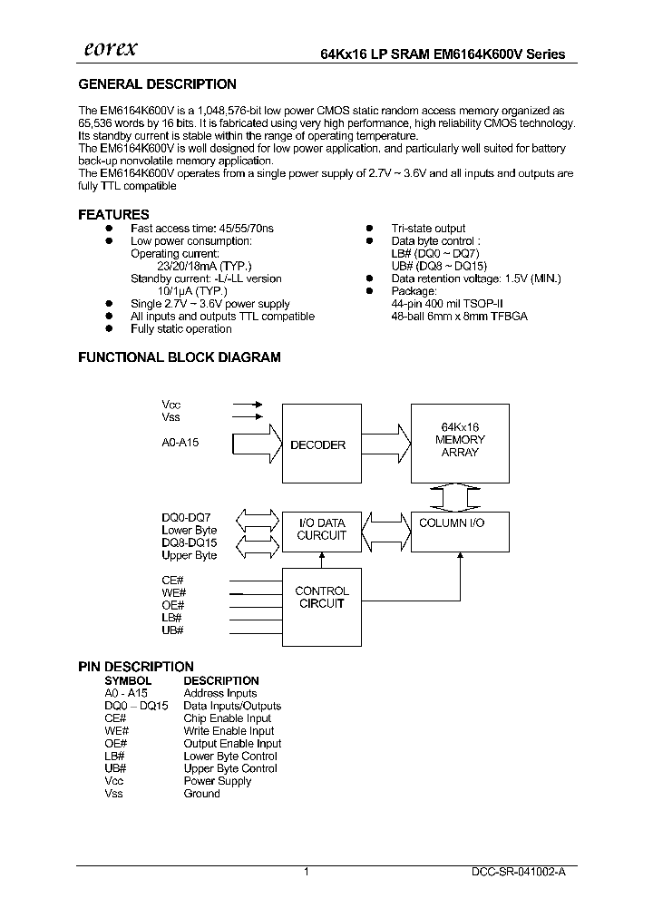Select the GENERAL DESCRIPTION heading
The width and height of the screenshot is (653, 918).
pyautogui.click(x=157, y=84)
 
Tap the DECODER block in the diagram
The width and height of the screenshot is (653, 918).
pyautogui.click(x=317, y=444)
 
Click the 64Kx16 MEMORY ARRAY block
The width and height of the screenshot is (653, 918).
pyautogui.click(x=460, y=440)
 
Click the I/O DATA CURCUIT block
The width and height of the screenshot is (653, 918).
pyautogui.click(x=321, y=530)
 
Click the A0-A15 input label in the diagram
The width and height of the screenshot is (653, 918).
pyautogui.click(x=181, y=442)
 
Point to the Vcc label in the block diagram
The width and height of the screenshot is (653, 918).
pyautogui.click(x=171, y=405)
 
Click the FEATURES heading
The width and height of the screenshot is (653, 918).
pyautogui.click(x=113, y=215)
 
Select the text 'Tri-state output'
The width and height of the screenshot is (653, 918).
pyautogui.click(x=428, y=229)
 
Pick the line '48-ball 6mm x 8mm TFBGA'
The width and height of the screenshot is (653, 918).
pyautogui.click(x=459, y=317)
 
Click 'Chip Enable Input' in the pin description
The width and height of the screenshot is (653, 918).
pyautogui.click(x=227, y=718)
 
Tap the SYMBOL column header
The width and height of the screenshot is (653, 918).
pyautogui.click(x=128, y=680)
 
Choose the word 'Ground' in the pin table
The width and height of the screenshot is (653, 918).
pyautogui.click(x=201, y=794)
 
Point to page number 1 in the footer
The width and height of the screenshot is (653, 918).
pyautogui.click(x=307, y=872)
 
